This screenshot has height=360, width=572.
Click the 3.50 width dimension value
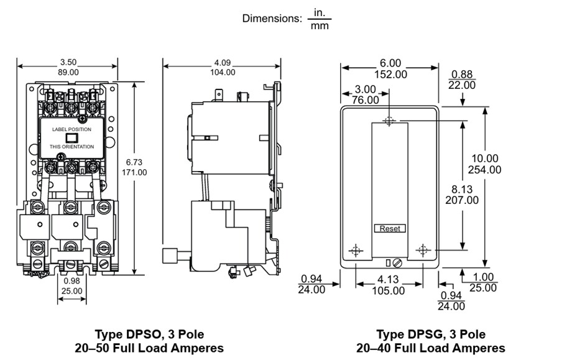coord(68,62)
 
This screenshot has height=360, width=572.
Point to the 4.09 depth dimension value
coord(223,62)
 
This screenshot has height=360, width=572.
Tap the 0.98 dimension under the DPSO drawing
coord(71,281)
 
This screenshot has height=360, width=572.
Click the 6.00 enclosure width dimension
coord(390,63)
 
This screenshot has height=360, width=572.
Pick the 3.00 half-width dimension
coord(366,89)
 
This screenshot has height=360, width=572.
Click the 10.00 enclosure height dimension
coord(484,159)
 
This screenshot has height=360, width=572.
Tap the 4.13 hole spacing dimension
coord(389,280)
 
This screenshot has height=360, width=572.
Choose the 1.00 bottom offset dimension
coord(483,277)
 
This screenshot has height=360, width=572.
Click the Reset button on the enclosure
coord(390,228)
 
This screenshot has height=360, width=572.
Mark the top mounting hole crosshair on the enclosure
coord(389,121)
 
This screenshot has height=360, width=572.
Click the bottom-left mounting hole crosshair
coord(356,251)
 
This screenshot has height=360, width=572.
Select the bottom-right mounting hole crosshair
coord(423,251)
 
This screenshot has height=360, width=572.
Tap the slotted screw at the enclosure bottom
coord(395,262)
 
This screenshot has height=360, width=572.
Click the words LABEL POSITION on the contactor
coord(71,129)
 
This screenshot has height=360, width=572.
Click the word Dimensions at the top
coord(272,19)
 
